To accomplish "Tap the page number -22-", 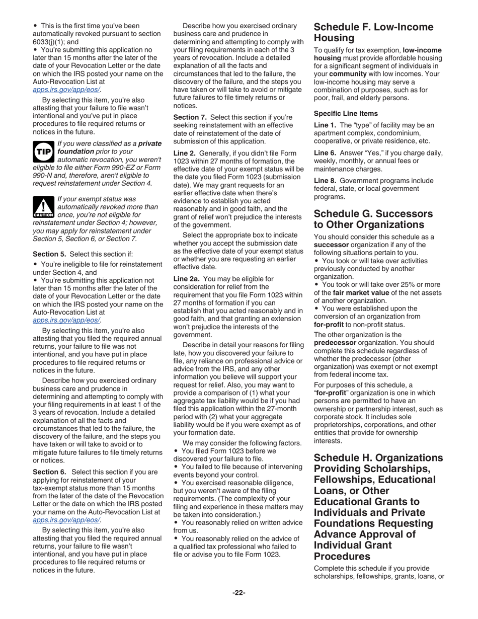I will click(238, 593).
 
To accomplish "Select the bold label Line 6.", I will click(325, 152).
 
